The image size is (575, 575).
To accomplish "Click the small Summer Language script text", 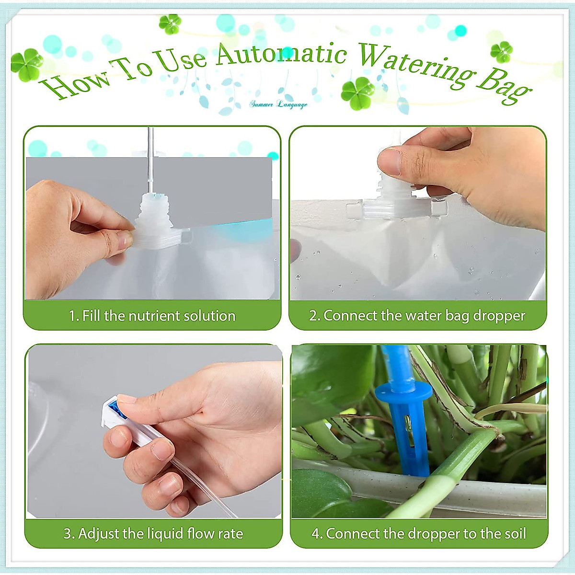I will click(278, 104).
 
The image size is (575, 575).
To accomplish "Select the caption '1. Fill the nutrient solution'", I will click(152, 316).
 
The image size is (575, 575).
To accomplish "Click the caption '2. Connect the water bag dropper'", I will click(417, 316).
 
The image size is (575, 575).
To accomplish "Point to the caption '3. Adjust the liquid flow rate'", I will click(153, 533).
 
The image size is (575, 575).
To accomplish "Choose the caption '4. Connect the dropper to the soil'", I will click(419, 533).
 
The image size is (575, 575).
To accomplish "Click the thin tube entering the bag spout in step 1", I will click(150, 158).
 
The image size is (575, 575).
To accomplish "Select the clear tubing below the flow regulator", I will click(192, 484).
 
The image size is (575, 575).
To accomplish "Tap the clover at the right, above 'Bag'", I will click(501, 52).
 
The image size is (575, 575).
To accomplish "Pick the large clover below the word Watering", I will click(357, 93).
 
